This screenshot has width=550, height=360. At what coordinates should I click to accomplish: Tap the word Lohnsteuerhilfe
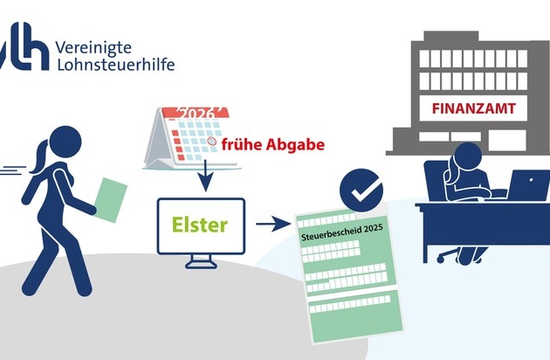pos(113,65)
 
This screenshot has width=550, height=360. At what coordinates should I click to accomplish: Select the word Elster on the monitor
pos(200,225)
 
